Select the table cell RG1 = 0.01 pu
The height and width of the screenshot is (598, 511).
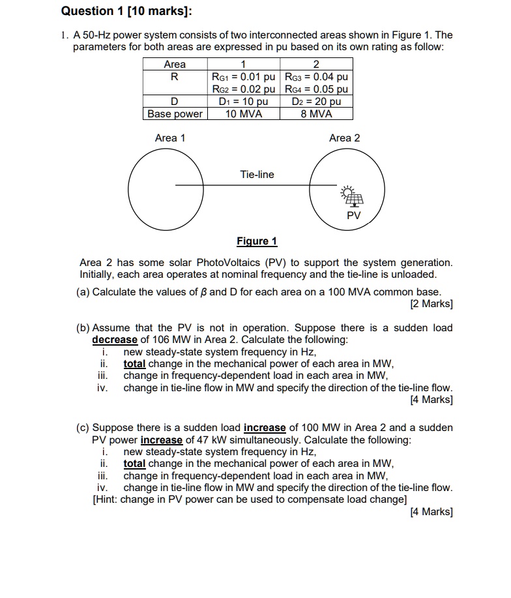(x=243, y=77)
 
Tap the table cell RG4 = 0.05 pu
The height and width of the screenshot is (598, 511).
(x=317, y=89)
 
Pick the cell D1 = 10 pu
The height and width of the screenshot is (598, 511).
(x=243, y=102)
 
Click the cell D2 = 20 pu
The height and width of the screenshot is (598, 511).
(x=317, y=102)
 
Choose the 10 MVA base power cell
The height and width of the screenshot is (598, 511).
(x=243, y=113)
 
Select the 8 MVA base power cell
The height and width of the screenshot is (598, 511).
(x=317, y=113)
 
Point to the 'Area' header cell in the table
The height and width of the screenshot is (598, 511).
(x=175, y=65)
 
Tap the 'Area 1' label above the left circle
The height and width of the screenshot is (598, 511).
(x=170, y=138)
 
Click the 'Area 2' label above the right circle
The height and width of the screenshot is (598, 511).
(x=344, y=138)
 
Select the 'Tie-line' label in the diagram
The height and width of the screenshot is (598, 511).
(x=257, y=175)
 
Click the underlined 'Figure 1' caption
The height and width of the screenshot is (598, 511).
(x=256, y=241)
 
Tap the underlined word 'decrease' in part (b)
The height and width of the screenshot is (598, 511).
(x=115, y=340)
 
